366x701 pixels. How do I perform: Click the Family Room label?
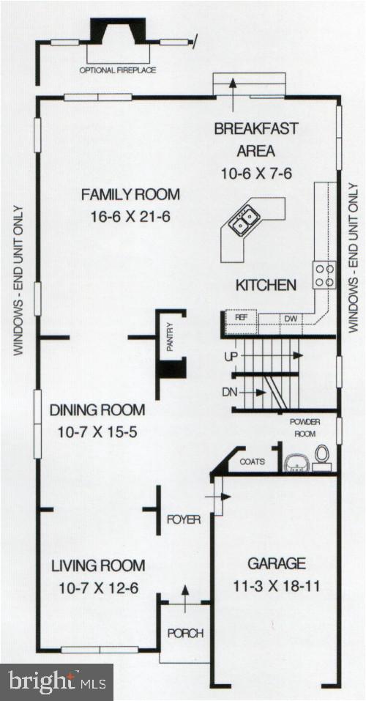click(130, 195)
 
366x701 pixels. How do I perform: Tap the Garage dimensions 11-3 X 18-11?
click(275, 586)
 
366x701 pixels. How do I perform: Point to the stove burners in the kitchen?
click(324, 274)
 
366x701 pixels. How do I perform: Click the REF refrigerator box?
click(241, 319)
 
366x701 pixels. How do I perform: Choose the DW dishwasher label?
click(289, 319)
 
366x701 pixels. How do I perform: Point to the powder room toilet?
click(321, 456)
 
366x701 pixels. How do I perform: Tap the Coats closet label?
click(253, 462)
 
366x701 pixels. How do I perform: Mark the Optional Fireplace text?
click(119, 70)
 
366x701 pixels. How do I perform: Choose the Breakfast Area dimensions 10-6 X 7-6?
click(245, 174)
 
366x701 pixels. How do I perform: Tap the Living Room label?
click(97, 565)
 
